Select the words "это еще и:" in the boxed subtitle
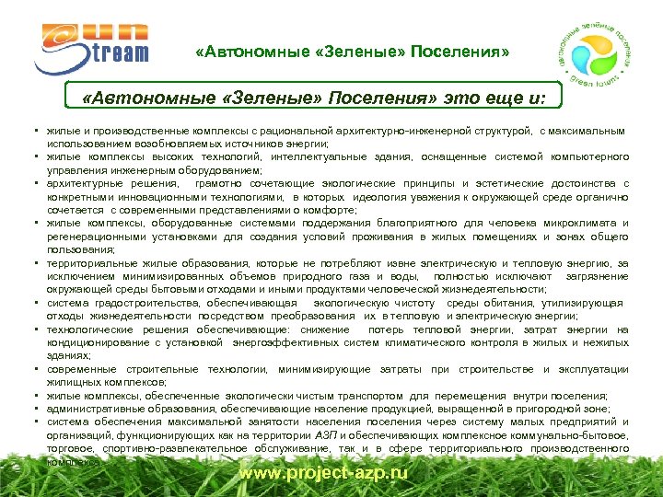pos(496,98)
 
